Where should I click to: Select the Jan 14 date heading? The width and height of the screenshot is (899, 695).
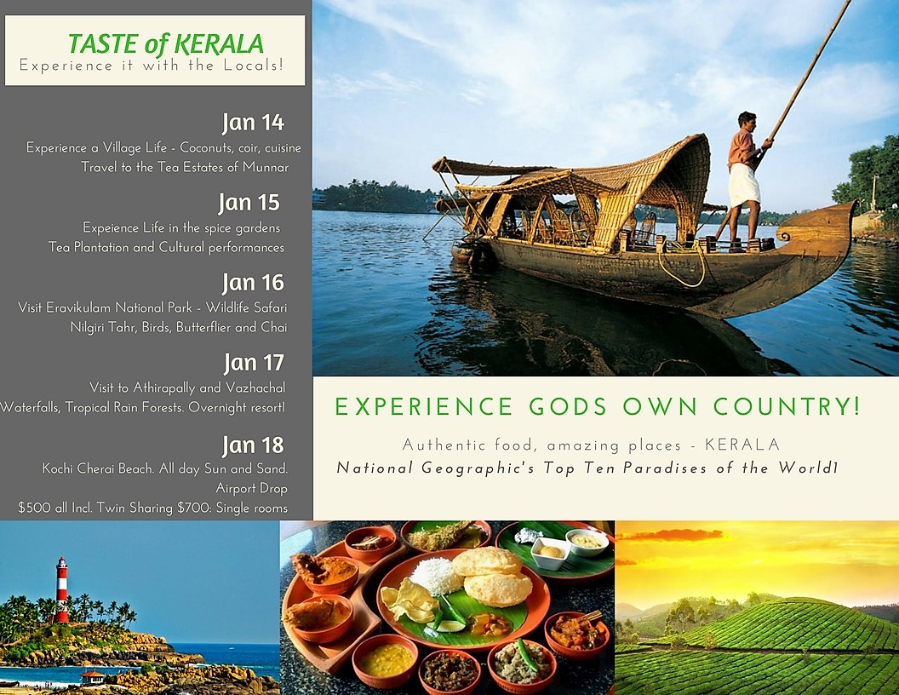[x=253, y=123]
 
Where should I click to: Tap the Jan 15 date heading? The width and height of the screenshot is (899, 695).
[x=249, y=203]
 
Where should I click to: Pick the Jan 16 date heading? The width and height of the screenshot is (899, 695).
[x=253, y=283]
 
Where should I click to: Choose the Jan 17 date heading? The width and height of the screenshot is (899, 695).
[x=254, y=363]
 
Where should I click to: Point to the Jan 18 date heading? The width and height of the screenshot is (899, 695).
[x=253, y=445]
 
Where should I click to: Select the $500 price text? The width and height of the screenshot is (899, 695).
[x=34, y=508]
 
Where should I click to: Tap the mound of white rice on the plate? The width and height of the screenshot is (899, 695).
[x=436, y=575]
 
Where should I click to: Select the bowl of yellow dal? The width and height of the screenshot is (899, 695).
[x=386, y=658]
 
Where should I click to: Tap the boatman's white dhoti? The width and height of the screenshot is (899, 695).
[x=744, y=185]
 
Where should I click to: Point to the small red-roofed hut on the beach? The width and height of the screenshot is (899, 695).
[x=92, y=677]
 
